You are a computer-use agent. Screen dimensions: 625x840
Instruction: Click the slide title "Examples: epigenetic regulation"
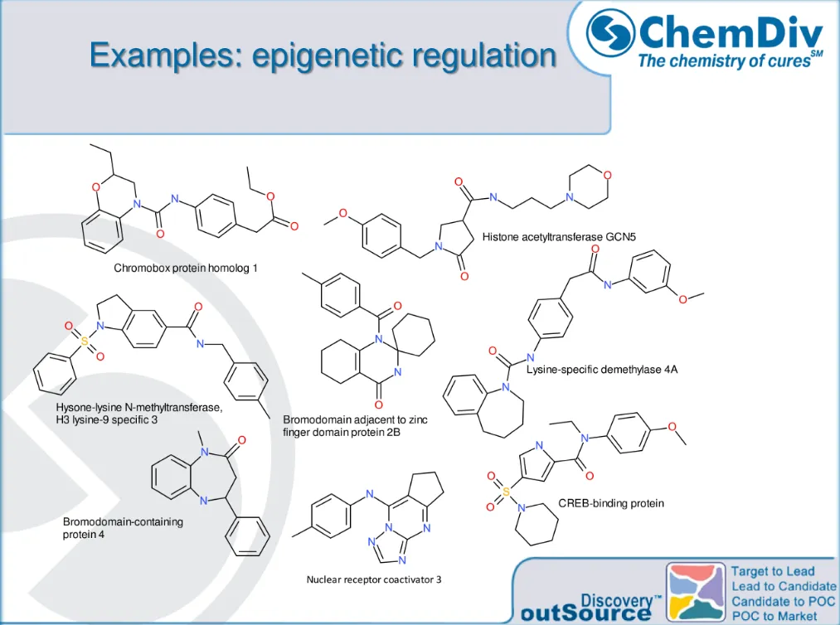(x=323, y=56)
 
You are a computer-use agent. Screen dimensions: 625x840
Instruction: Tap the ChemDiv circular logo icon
(x=611, y=34)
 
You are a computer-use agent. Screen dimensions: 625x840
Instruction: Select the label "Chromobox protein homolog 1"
(x=186, y=269)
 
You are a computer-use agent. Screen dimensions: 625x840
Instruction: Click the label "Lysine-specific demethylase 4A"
(x=602, y=369)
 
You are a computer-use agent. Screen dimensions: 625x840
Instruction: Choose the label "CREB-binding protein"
(x=611, y=503)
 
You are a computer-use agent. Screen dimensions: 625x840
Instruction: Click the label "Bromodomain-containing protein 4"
(x=123, y=528)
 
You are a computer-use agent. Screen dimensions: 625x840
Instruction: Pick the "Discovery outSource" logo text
(x=591, y=608)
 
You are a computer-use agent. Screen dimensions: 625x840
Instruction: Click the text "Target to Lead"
(x=772, y=571)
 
